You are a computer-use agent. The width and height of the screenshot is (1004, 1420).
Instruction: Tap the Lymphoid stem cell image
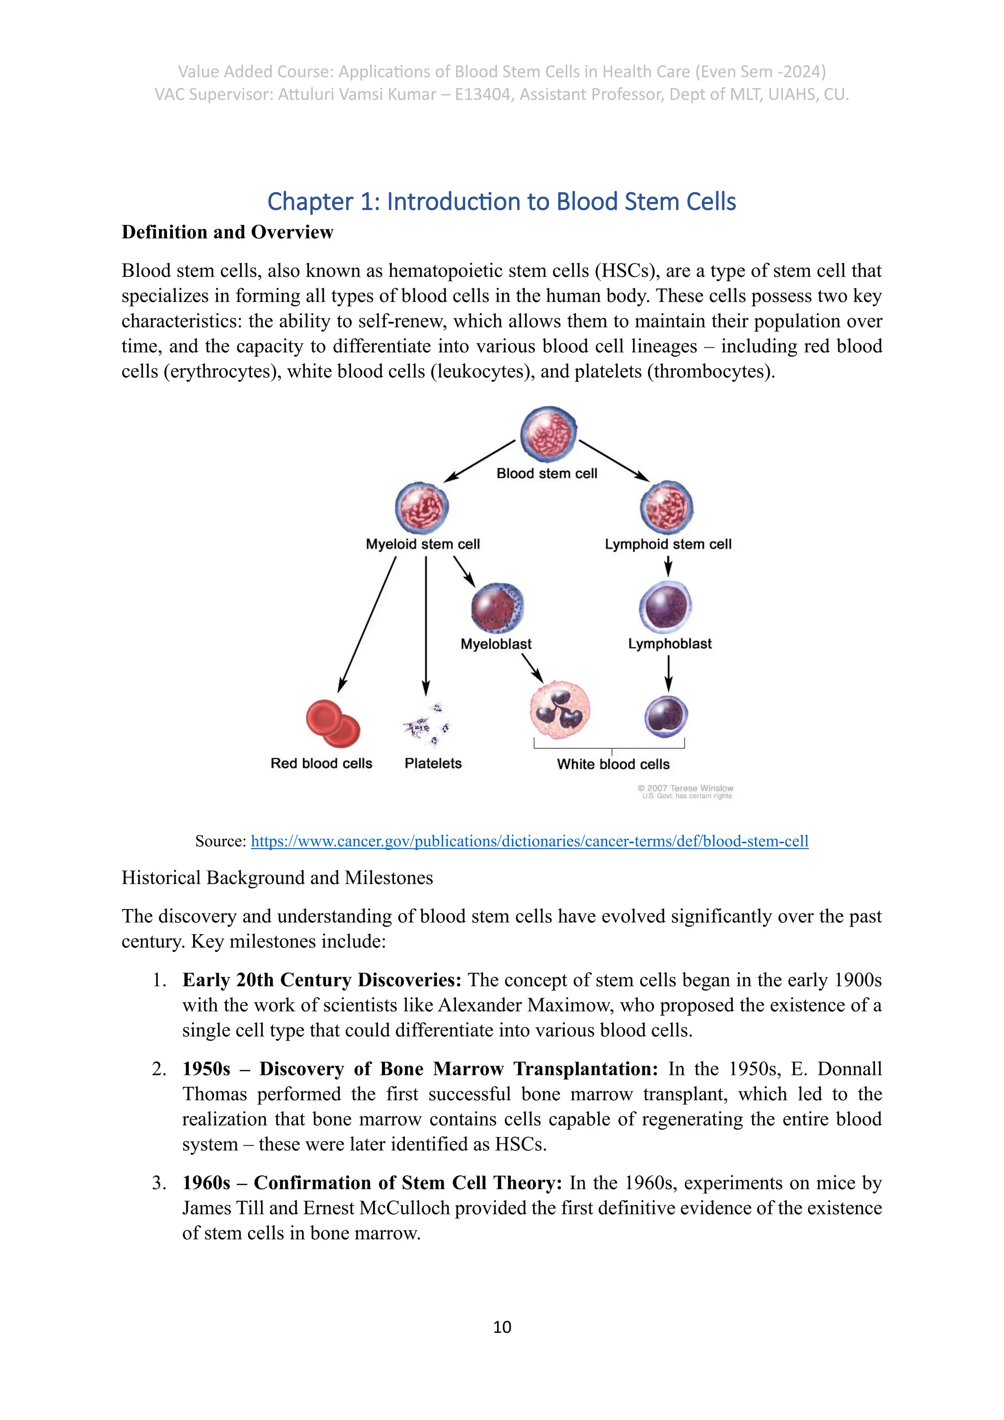(666, 507)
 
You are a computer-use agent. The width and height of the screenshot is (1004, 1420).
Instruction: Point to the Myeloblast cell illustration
(497, 608)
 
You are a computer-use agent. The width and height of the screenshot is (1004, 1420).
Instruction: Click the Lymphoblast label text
(670, 644)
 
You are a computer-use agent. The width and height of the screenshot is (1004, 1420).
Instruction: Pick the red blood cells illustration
(332, 724)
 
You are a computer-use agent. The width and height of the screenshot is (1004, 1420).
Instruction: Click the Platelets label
(433, 763)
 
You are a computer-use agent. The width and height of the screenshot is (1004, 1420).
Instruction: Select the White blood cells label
(613, 764)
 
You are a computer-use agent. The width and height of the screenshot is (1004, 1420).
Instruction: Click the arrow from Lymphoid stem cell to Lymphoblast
(668, 565)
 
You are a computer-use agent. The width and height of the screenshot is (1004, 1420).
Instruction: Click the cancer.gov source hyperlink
(529, 841)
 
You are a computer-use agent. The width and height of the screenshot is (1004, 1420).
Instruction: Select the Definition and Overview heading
(227, 232)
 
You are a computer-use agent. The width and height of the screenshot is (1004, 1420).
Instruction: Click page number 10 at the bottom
(502, 1327)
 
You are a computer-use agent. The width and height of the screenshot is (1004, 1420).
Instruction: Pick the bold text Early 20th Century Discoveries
(322, 980)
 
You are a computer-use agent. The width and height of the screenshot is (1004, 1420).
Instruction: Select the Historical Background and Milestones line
(277, 878)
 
